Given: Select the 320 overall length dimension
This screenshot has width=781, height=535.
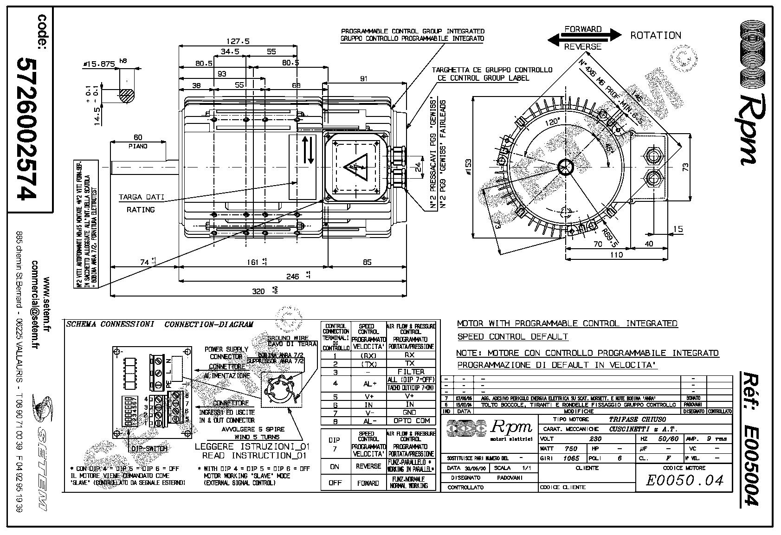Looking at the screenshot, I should click(258, 291).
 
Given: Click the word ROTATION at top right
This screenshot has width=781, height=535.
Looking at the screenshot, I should click(655, 35).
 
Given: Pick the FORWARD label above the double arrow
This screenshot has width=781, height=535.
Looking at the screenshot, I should click(583, 29).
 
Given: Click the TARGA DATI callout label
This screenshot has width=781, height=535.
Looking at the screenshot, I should click(141, 197).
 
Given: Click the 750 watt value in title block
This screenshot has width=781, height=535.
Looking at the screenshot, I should click(570, 449).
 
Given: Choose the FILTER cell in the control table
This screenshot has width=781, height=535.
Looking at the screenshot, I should click(411, 372).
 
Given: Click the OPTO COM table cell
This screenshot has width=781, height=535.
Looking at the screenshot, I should click(411, 421).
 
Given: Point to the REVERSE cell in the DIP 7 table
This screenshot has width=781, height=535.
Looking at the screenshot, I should click(368, 466).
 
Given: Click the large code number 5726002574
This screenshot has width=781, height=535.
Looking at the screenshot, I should click(26, 129).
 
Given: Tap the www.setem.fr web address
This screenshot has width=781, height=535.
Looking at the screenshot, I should click(46, 307).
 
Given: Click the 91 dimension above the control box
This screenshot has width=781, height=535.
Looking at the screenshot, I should click(363, 78).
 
